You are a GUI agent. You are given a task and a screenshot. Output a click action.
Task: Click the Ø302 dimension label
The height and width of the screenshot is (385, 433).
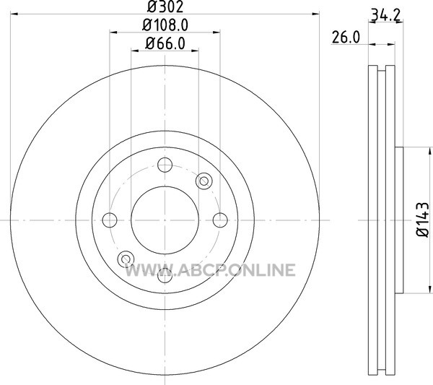(x=165, y=7)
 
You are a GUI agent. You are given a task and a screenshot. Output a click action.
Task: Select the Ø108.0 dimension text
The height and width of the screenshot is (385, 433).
(x=165, y=25)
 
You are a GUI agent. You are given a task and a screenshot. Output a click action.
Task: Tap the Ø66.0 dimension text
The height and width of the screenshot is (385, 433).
(x=165, y=43)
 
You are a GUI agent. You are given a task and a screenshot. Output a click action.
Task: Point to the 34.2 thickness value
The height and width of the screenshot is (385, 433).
(x=385, y=15)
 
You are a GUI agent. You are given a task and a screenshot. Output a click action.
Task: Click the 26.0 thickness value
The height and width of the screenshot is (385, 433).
(x=346, y=38)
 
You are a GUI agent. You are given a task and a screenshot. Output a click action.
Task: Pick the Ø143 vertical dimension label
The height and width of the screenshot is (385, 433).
(x=422, y=220)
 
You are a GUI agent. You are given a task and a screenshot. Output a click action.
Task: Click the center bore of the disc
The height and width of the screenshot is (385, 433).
(x=165, y=220)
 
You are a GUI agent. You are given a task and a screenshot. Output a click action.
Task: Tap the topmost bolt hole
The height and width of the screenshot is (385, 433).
(x=165, y=165)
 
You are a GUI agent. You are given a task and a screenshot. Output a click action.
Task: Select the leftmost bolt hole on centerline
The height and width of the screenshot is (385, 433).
(x=110, y=220)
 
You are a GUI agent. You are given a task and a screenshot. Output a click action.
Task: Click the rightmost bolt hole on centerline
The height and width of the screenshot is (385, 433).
(x=220, y=220)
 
